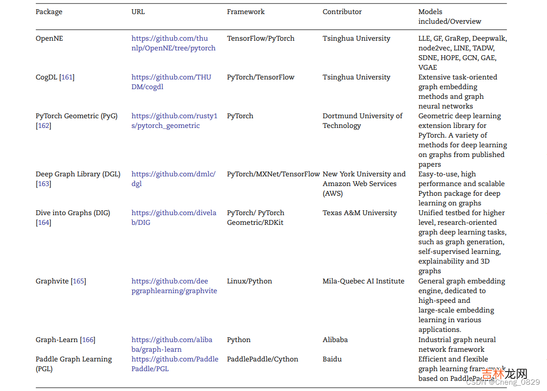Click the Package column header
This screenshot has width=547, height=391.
(x=49, y=12)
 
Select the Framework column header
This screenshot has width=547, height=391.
(x=246, y=12)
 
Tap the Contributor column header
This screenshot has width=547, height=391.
(x=342, y=12)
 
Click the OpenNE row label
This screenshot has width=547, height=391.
(x=49, y=38)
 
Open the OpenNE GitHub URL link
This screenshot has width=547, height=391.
(x=173, y=43)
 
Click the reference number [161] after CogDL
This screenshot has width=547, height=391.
(x=67, y=77)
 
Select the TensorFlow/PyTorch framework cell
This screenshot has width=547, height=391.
(x=261, y=38)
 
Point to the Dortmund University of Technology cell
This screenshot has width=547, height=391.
(x=362, y=121)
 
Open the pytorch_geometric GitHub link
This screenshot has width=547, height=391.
(x=174, y=121)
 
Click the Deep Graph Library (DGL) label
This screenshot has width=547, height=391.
(x=78, y=174)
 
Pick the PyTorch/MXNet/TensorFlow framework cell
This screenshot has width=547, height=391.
(x=273, y=174)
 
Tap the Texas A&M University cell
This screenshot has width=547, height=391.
(x=359, y=213)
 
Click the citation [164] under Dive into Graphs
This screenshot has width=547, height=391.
(x=44, y=222)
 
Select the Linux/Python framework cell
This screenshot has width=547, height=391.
(x=250, y=281)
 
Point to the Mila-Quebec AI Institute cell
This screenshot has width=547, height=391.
(x=363, y=281)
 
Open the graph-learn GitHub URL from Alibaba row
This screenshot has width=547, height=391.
(x=172, y=344)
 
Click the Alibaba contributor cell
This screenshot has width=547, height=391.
(x=335, y=340)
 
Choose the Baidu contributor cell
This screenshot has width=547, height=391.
(x=332, y=359)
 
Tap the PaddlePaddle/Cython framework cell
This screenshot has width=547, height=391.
(x=263, y=359)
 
